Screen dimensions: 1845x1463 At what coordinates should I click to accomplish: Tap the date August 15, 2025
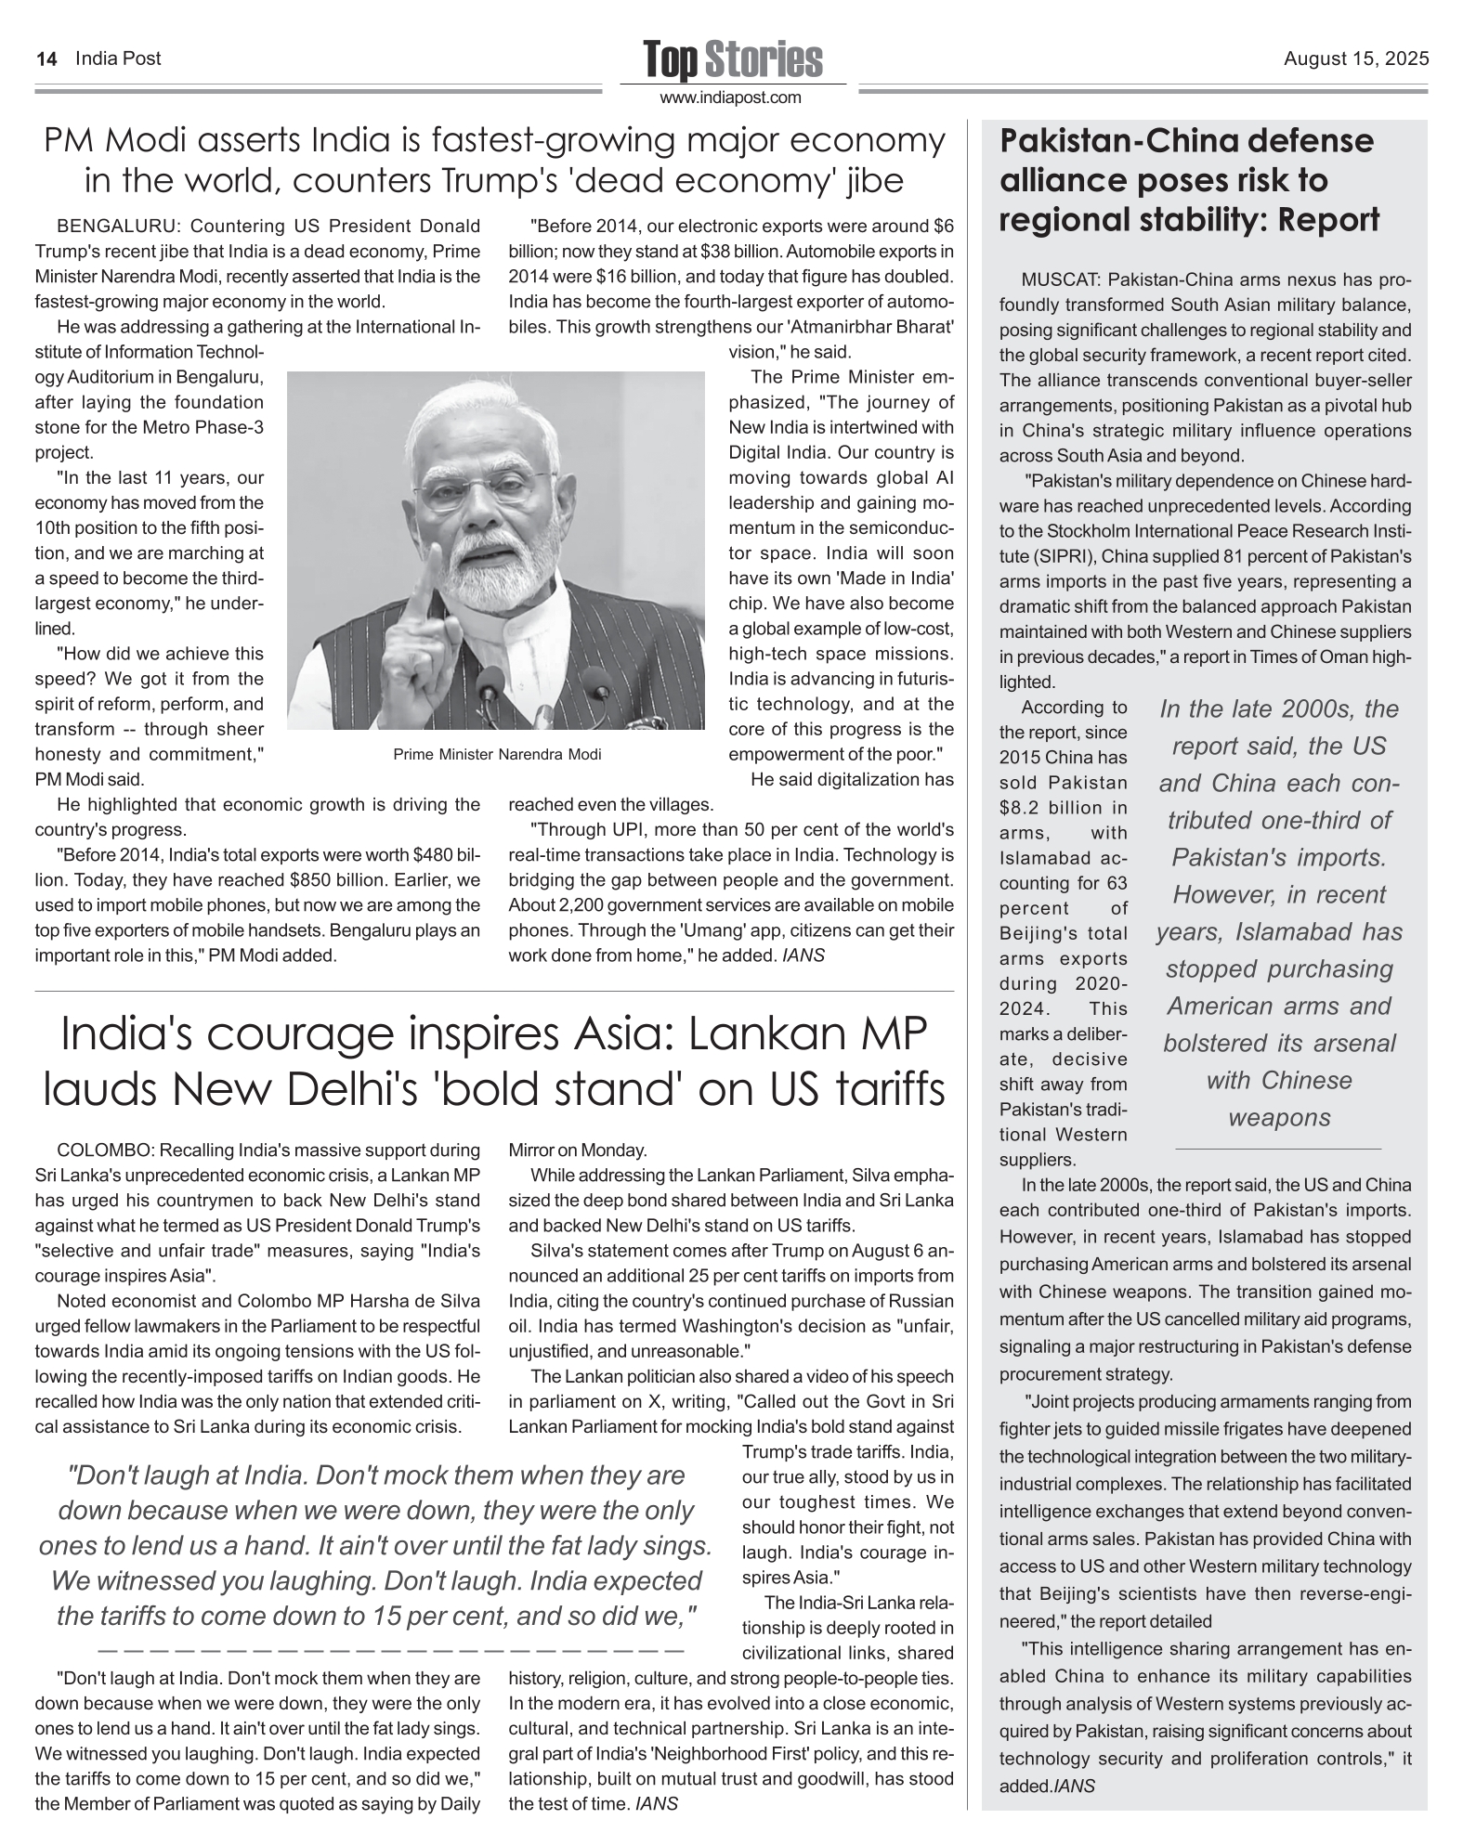coord(1356,59)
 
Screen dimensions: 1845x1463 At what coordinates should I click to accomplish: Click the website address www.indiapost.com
coord(731,97)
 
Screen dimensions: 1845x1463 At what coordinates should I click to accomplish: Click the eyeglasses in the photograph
coord(483,489)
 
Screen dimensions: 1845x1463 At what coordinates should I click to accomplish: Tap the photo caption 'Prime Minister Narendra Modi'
coord(497,754)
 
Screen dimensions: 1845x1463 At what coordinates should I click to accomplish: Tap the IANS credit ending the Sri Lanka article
coord(656,1804)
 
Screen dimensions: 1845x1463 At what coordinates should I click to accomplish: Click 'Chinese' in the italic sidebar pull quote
coord(1306,1080)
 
